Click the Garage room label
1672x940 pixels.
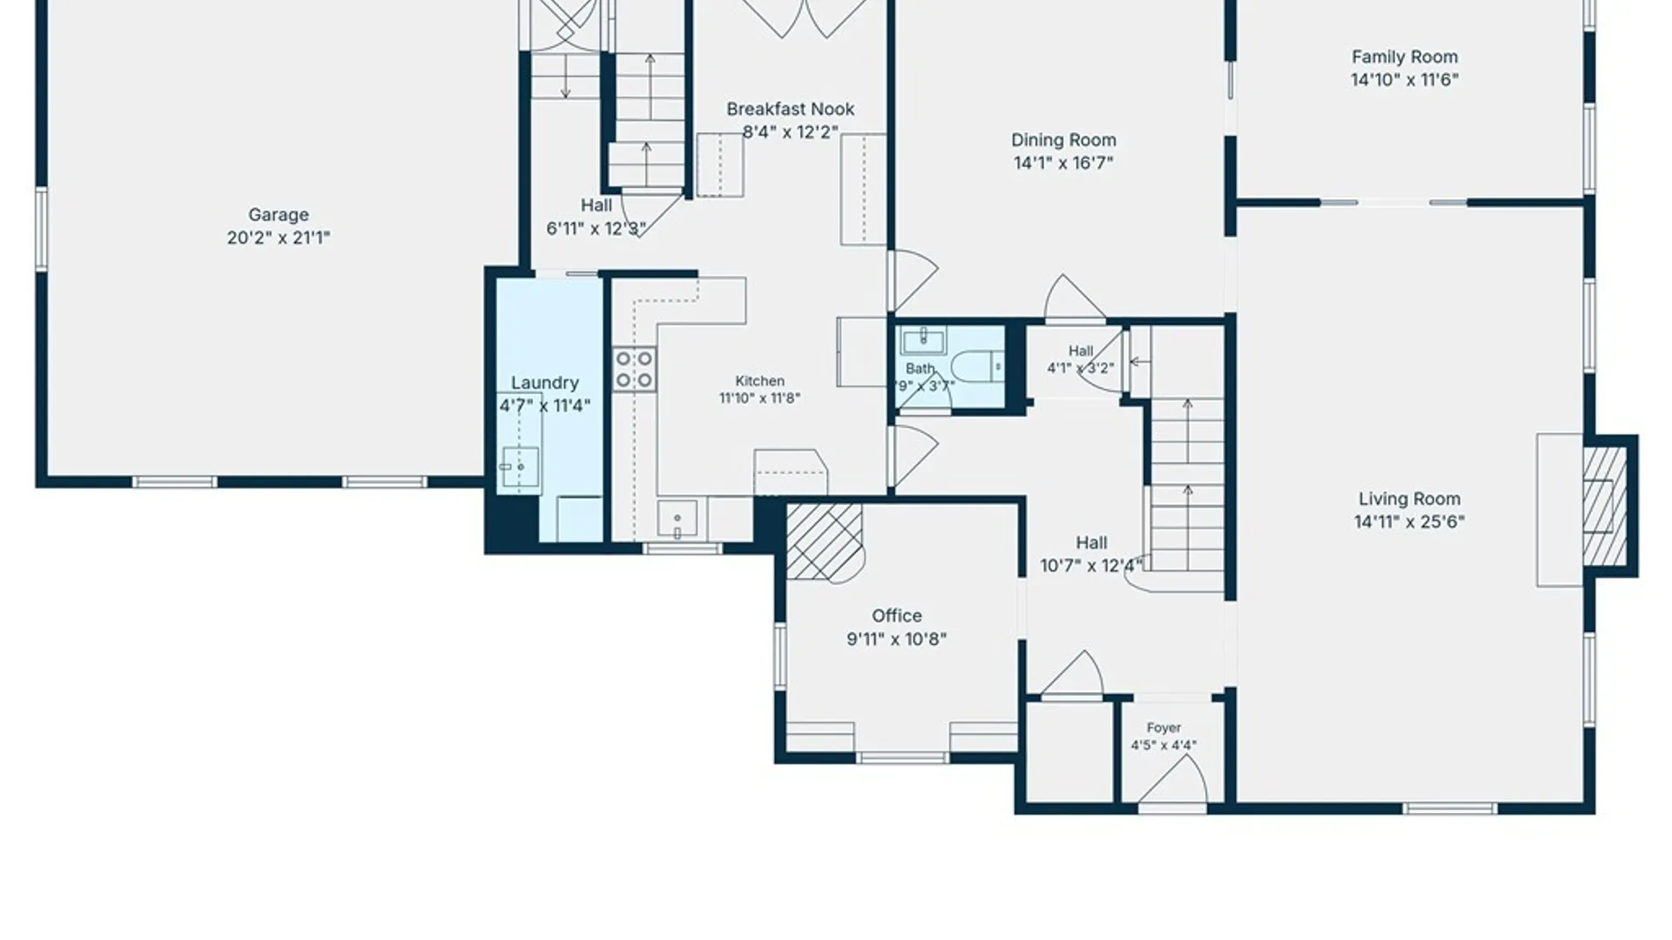tap(279, 215)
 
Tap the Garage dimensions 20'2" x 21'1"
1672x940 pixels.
tap(279, 238)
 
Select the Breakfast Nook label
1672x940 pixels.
tap(791, 109)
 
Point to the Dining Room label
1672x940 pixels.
tap(1063, 140)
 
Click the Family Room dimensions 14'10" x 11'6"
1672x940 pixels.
tap(1405, 80)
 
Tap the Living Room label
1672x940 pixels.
tap(1410, 499)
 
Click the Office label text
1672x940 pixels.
tap(897, 615)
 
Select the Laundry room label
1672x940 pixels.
tap(545, 383)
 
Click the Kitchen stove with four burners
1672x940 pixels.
tap(634, 369)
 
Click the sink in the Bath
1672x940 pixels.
tap(923, 340)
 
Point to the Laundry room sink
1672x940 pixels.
tap(519, 467)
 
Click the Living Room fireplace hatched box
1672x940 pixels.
tap(1604, 505)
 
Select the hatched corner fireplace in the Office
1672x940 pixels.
tap(823, 540)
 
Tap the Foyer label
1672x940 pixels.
tap(1164, 728)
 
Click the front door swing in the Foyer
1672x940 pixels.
tap(1172, 780)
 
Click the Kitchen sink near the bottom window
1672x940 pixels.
tap(678, 520)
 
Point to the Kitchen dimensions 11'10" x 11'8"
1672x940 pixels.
tap(759, 399)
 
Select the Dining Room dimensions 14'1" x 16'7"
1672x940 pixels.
tap(1063, 163)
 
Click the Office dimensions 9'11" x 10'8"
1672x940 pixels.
tap(897, 639)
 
